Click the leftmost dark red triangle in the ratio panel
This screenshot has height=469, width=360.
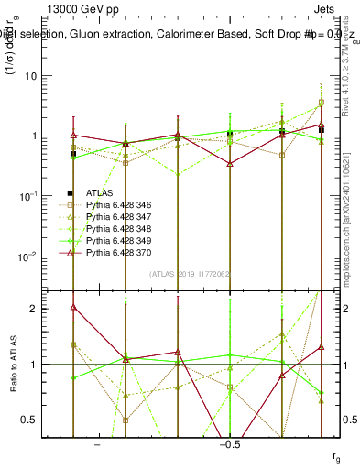[73, 307]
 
